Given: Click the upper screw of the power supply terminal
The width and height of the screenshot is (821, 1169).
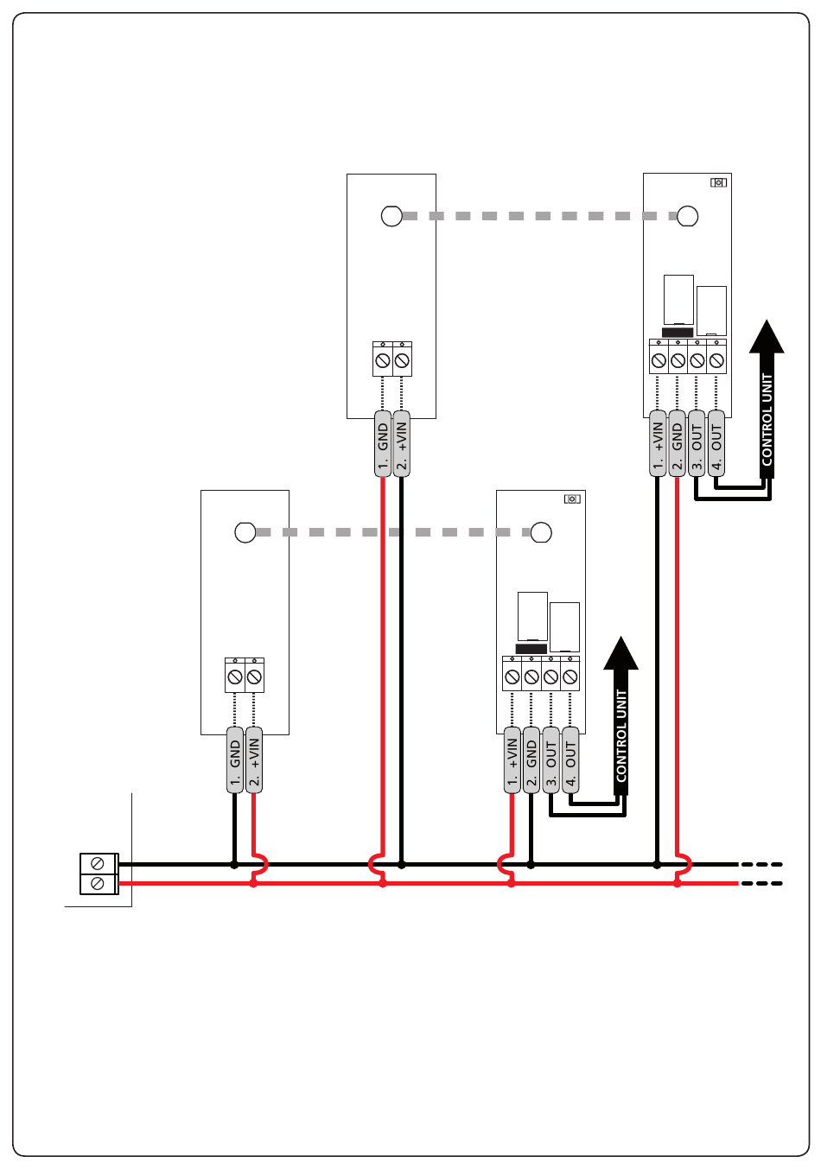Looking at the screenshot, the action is coord(97,864).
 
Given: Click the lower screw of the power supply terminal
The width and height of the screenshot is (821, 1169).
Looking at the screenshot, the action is coord(97,884).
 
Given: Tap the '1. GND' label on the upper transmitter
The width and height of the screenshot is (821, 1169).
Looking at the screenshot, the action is coord(383,444).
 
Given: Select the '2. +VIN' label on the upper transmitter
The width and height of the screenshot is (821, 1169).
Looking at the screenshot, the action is coord(401,444).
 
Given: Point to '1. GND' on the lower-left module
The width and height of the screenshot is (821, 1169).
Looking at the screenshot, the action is coord(235,760).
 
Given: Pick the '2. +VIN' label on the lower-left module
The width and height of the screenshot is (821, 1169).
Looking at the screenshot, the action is coord(254,760).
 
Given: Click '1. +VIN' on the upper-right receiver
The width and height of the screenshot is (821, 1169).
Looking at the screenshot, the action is coord(658,444).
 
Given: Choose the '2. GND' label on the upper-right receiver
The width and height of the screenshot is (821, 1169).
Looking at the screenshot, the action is coord(677,444).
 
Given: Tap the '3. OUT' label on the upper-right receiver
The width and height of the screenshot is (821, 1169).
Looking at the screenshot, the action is coord(697,444).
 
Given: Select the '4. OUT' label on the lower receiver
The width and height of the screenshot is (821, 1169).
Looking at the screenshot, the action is coord(570,760).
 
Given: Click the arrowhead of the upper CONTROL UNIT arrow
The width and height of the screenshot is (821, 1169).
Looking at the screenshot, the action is coord(767,337).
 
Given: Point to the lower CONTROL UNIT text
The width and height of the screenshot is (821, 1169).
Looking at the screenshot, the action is coord(621,736).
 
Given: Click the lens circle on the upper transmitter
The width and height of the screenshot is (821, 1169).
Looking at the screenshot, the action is coord(391,215).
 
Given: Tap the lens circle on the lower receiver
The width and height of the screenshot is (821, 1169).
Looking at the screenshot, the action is coord(541,532).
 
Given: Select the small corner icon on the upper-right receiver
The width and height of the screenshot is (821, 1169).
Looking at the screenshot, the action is coord(719,182).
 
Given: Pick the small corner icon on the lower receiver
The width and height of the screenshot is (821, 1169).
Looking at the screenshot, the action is coord(572,499).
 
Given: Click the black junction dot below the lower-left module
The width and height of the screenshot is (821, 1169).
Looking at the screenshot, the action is coord(234,865).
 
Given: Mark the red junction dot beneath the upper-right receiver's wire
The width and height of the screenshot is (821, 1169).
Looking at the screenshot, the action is coord(677,884).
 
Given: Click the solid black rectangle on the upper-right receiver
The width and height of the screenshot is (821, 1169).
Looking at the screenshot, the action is coord(678,333).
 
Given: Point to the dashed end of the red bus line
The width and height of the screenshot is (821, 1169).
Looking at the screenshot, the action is coord(761,884).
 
